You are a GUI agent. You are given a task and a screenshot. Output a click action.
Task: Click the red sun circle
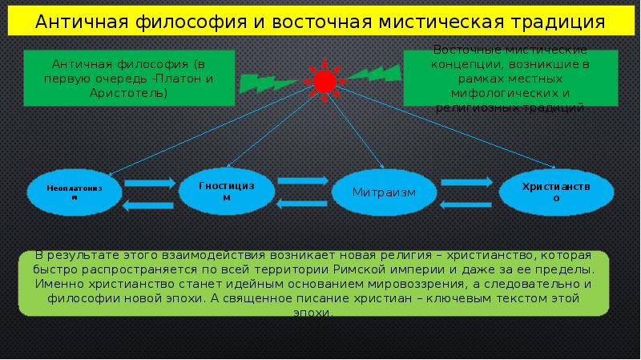point(324,80)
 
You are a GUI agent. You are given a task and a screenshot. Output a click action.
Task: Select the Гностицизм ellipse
point(226,190)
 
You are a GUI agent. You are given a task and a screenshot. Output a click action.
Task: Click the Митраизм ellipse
point(385,192)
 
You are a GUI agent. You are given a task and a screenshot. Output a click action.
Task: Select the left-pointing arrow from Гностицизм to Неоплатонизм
point(150,205)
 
